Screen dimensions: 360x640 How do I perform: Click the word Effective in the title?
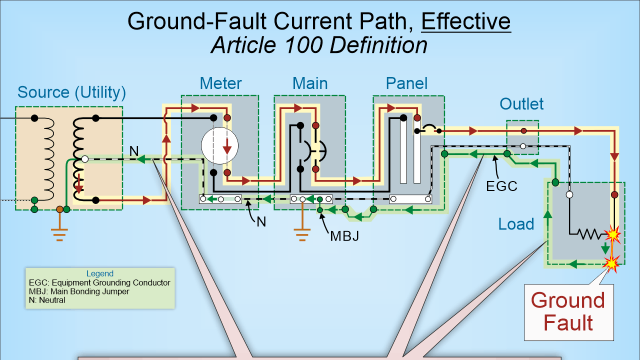pos(466,21)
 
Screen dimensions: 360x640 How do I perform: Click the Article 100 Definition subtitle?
pos(319,45)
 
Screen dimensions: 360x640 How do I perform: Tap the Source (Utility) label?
pos(71,92)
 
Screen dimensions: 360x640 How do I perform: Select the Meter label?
pos(220,83)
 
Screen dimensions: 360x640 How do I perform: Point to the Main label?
pos(310,83)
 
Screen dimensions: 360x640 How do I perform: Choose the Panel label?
pos(406,83)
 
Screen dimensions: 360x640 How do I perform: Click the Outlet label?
pos(521,104)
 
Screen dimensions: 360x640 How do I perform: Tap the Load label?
pos(516,224)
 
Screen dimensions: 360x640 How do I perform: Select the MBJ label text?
pos(344,236)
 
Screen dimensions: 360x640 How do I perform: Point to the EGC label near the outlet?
pos(501,186)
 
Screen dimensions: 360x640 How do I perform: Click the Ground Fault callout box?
pos(568,311)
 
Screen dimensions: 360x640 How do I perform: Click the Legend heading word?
pos(100,273)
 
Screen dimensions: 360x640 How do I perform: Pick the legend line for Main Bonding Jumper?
pos(79,291)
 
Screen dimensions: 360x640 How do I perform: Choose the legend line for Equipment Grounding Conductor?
pos(99,282)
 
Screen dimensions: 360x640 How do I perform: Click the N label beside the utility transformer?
pos(133,151)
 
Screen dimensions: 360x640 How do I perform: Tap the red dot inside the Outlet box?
pos(523,131)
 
